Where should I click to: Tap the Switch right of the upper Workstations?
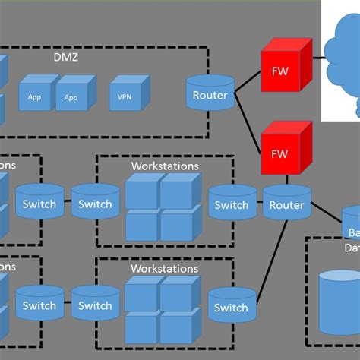[x=231, y=204]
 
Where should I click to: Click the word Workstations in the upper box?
[x=165, y=166]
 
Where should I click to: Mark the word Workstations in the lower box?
[x=165, y=268]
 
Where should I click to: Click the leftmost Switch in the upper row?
[x=39, y=203]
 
